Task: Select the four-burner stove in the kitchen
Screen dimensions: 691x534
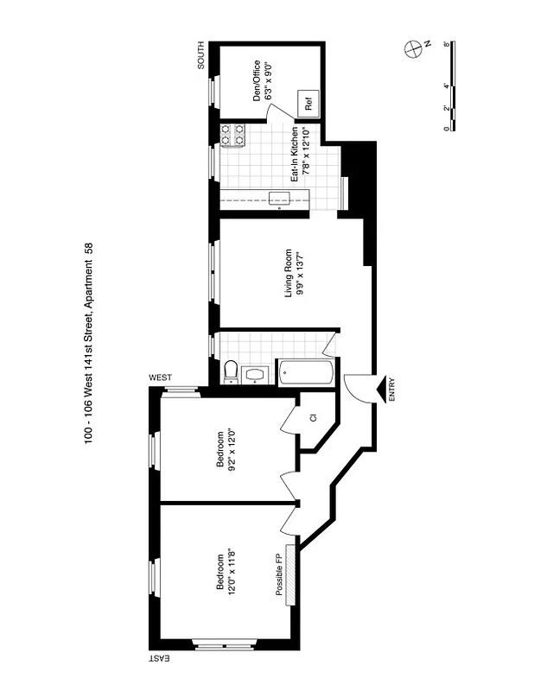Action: [x=232, y=136]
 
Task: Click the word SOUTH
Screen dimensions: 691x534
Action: [x=200, y=55]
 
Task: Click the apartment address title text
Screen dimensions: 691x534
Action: [x=89, y=345]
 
